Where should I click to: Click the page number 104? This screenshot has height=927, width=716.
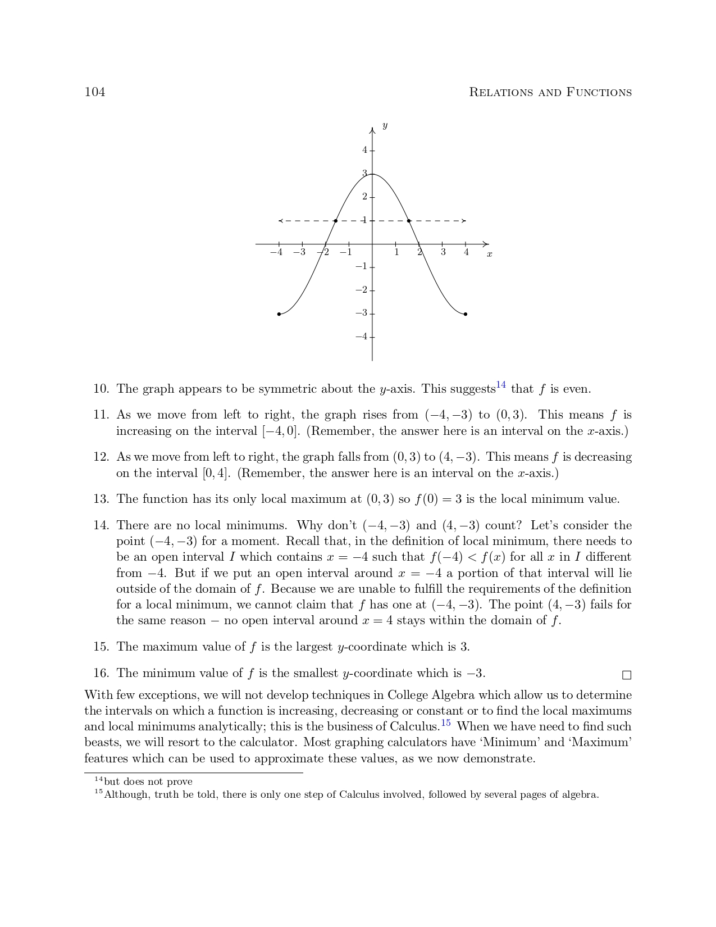[94, 92]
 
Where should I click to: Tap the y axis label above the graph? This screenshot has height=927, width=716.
[385, 126]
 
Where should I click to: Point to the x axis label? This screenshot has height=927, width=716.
[489, 255]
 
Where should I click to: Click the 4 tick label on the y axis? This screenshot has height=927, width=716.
[364, 150]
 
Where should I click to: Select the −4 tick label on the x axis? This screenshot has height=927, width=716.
[276, 252]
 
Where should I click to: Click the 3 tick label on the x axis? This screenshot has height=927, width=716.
[443, 252]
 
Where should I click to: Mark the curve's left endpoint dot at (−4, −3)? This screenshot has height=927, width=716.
[279, 314]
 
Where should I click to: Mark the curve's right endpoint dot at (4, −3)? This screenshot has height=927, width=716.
[466, 314]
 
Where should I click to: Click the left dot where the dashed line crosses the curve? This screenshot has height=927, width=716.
[335, 221]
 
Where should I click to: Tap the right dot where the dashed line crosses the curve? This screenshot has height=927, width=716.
[409, 221]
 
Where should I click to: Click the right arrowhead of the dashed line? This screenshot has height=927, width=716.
[464, 221]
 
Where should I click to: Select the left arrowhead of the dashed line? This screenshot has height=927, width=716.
[281, 221]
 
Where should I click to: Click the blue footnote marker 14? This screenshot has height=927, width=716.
[501, 385]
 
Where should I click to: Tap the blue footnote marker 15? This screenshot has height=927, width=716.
[445, 722]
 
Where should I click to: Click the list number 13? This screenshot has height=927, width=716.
[101, 499]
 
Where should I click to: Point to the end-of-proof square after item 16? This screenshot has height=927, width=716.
[627, 675]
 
